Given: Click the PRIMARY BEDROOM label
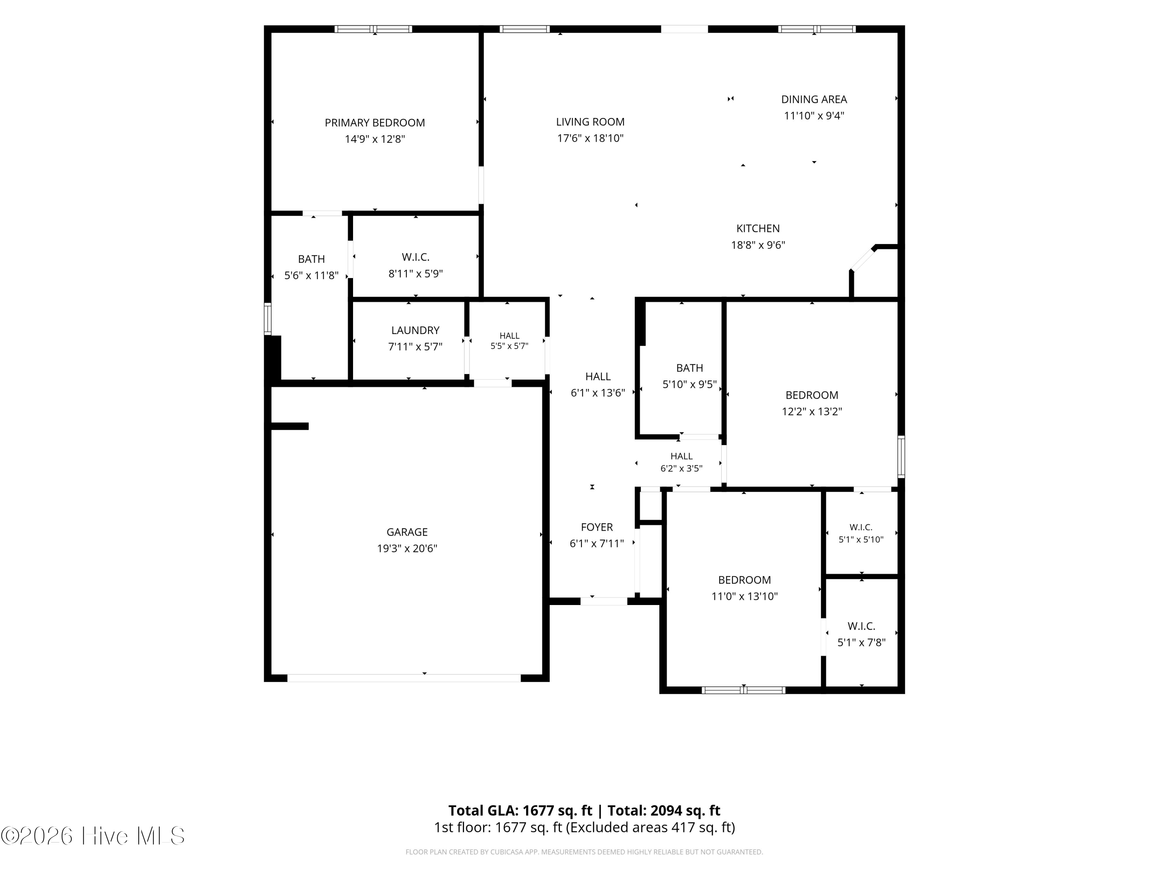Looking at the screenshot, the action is coord(375,123).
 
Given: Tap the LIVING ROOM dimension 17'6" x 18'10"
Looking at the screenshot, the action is coord(590,138).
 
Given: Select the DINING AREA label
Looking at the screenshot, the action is coord(814,99).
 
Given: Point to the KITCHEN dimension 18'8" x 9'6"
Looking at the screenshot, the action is coord(758,245).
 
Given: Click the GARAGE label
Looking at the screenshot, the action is coord(407,532).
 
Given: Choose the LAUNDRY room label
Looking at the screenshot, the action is coord(415,331).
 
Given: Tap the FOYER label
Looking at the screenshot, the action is coord(597,527).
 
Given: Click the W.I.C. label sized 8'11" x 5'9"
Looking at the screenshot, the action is coord(415,257).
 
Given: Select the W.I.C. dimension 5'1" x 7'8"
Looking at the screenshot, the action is coord(862,643).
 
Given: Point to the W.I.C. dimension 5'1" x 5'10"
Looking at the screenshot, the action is coord(861,540).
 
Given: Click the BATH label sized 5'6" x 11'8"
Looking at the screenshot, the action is coord(311,259).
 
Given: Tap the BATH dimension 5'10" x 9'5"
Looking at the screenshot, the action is coord(690,384).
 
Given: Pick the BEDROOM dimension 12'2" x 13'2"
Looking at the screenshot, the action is coord(812,412).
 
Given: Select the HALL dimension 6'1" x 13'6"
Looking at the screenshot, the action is coord(598,393).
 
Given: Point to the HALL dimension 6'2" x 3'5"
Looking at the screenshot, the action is coord(681,468).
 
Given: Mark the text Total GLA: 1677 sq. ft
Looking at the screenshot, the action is coord(521,811).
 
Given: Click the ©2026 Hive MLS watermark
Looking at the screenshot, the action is coord(93,836).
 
